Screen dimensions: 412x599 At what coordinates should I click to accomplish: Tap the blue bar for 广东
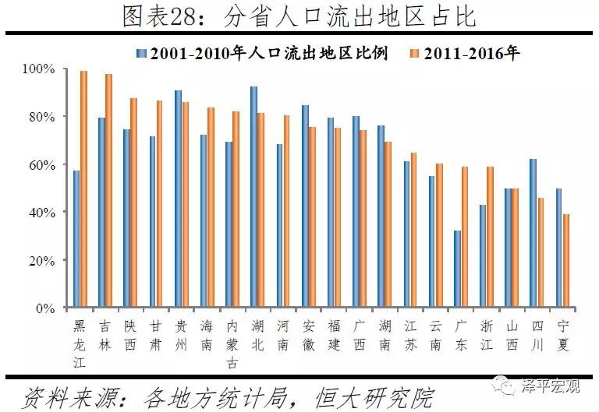click(458, 269)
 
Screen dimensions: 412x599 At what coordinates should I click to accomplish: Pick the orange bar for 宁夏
click(567, 261)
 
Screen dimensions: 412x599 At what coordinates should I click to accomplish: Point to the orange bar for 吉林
click(109, 191)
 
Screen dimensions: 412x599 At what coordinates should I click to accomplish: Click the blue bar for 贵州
click(178, 199)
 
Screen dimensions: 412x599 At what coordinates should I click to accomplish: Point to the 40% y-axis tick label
click(40, 213)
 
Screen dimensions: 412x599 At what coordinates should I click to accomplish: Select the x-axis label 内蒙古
click(232, 342)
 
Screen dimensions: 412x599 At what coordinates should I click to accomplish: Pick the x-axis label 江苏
click(410, 333)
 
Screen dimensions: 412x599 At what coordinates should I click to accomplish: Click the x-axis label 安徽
click(309, 333)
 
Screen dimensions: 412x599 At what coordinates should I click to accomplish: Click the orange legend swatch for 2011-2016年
click(413, 53)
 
